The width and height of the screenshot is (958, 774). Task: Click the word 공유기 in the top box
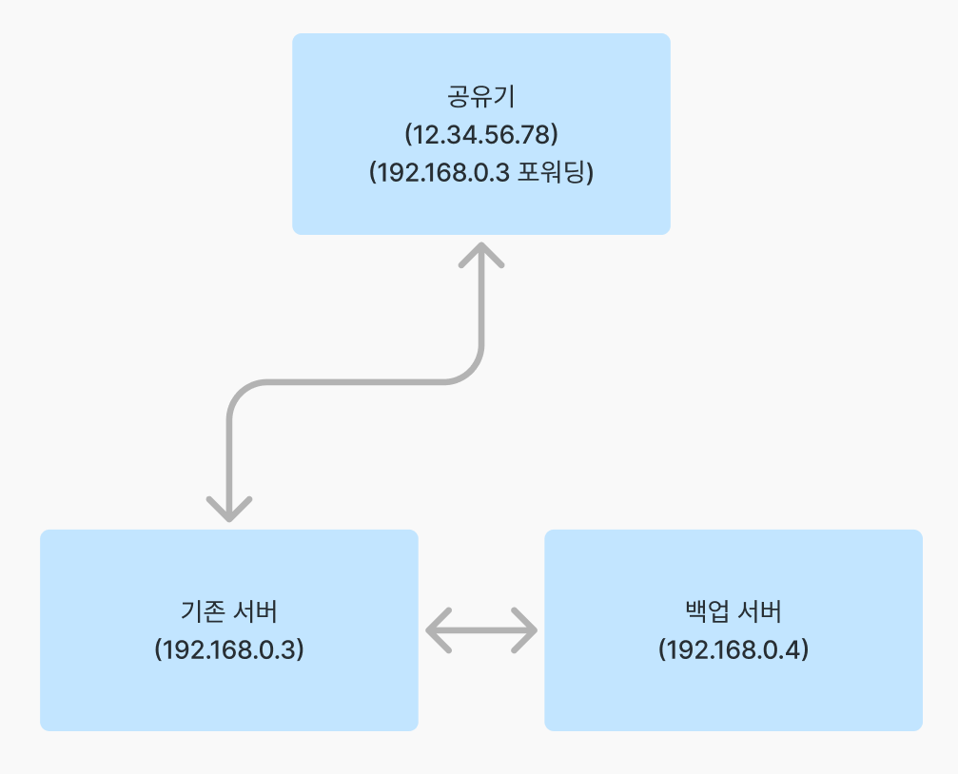tap(480, 96)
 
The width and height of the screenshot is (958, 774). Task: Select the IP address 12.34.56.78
tap(480, 135)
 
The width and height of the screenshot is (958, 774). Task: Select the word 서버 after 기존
tap(255, 610)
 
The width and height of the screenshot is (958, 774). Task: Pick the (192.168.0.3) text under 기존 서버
tap(228, 649)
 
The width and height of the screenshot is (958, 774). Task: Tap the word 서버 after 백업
tap(759, 610)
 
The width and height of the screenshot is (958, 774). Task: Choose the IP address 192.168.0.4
tap(733, 649)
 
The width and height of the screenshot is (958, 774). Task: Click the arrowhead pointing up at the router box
tap(481, 254)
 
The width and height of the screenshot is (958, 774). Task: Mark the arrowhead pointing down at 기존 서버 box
tap(228, 510)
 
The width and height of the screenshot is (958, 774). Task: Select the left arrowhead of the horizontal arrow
tap(437, 629)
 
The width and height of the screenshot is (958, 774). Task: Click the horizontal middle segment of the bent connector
tap(354, 382)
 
